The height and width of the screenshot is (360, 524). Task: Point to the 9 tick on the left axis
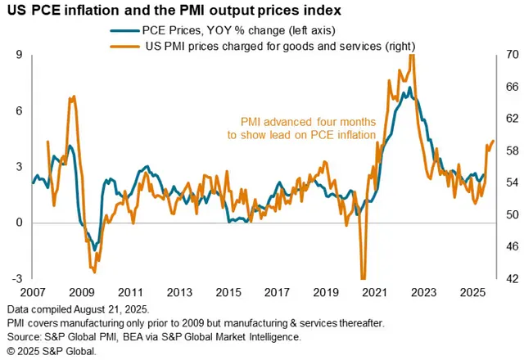pyautogui.click(x=19, y=56)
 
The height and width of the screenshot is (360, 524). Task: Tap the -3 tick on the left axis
pyautogui.click(x=16, y=279)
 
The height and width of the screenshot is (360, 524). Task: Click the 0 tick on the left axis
pyautogui.click(x=19, y=223)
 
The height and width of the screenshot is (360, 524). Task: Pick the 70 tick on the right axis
pyautogui.click(x=507, y=56)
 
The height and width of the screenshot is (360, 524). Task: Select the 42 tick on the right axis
pyautogui.click(x=507, y=279)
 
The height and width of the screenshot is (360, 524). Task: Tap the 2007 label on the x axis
pyautogui.click(x=33, y=292)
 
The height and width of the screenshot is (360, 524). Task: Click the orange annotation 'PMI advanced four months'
pyautogui.click(x=308, y=121)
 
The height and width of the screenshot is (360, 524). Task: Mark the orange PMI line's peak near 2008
pyautogui.click(x=73, y=97)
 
